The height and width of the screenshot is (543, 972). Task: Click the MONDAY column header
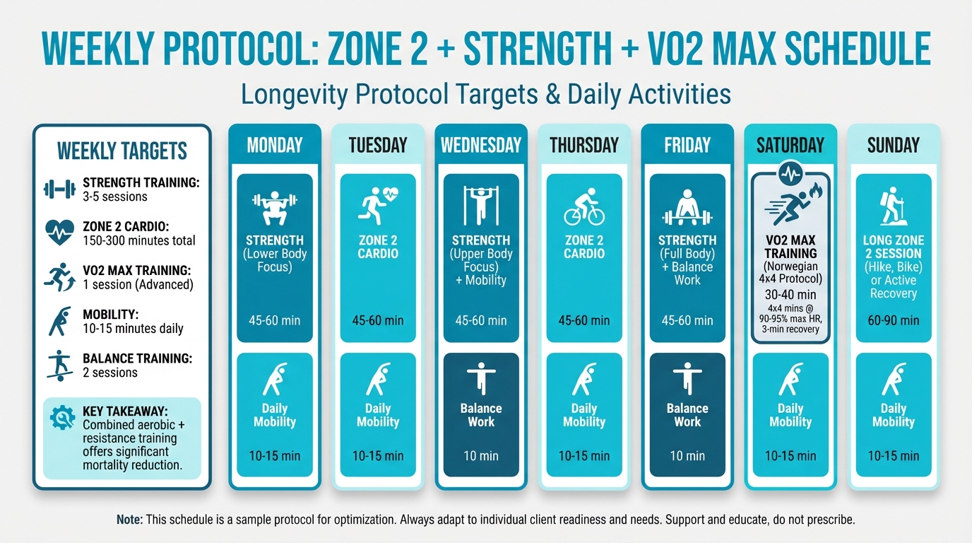pos(274,146)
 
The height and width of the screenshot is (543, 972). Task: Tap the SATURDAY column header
pos(790,146)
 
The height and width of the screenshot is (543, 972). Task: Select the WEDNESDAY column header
pos(480,146)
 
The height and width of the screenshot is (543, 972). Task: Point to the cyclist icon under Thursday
pos(583,206)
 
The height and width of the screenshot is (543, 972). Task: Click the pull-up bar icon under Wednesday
pos(480,206)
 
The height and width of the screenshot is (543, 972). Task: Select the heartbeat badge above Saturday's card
pos(790,173)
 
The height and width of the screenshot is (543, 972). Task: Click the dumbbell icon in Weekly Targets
pos(59,189)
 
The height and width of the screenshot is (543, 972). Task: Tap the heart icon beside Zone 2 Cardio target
pos(59,233)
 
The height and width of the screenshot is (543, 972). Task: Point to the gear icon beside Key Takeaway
pos(62,418)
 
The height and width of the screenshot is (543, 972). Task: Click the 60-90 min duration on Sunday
pos(893,320)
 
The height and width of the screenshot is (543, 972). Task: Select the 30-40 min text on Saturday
pos(790,294)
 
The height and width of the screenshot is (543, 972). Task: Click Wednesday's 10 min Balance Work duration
pos(480,456)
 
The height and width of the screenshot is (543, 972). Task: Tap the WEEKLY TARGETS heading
pos(121,151)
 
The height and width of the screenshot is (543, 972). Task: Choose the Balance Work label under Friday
pos(687,415)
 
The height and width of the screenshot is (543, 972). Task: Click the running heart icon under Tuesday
pos(379,206)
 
